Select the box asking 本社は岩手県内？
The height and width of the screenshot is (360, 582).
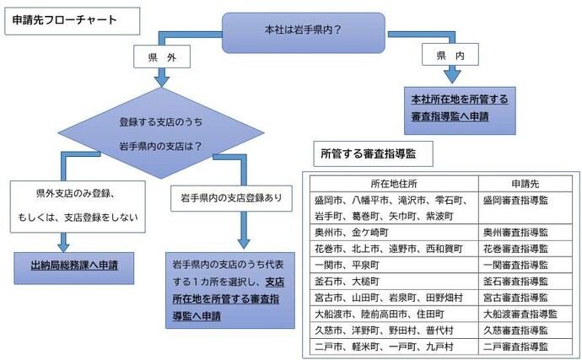302,31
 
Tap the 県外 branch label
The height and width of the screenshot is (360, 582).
156,59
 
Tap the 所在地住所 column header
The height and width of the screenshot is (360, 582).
394,185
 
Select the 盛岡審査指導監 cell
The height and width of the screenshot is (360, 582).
515,201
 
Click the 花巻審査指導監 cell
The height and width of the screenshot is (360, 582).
515,249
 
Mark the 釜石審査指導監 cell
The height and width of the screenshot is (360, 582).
515,281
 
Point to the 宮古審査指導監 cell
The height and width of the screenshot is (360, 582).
515,298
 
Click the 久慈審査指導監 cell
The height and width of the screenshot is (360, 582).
515,330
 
